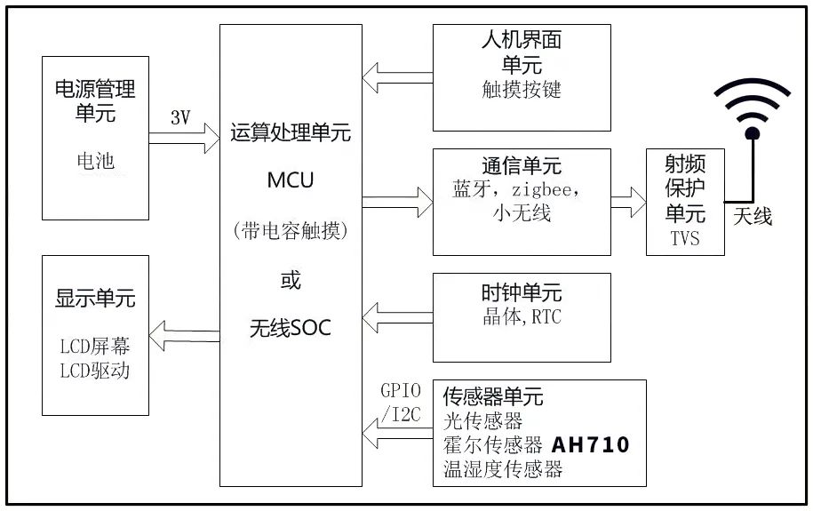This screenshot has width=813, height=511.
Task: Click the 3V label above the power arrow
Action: click(x=180, y=117)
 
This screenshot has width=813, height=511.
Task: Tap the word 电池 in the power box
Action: click(x=95, y=161)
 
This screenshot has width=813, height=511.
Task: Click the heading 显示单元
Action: click(x=95, y=299)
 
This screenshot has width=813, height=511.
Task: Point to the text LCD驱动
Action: click(x=95, y=370)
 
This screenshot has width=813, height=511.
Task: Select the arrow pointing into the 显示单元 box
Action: click(x=184, y=335)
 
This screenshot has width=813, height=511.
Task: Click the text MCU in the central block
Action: click(x=291, y=180)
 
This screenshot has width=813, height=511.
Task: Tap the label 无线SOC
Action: click(x=291, y=328)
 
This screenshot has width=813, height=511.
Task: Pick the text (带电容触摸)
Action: click(x=291, y=231)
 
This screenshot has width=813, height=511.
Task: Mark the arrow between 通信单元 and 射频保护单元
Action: click(x=629, y=202)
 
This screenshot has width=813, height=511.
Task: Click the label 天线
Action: click(x=753, y=216)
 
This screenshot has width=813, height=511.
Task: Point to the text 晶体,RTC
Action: click(x=522, y=317)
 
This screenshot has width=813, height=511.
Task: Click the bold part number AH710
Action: click(x=591, y=444)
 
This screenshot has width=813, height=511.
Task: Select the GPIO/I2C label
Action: click(x=400, y=401)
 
